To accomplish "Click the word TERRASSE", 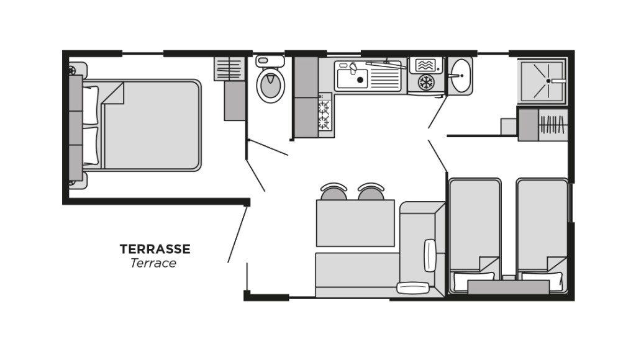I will (x=155, y=249).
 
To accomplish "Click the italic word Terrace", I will (x=153, y=263).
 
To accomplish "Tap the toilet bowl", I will (x=270, y=85).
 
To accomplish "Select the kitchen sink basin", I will (x=352, y=79).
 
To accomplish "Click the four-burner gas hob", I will (x=325, y=115).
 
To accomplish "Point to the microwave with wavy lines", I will (x=425, y=65).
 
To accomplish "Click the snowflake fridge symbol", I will (x=425, y=83).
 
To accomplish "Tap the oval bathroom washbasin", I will (x=460, y=76).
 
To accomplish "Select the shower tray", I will (x=542, y=81).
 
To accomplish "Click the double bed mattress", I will (x=152, y=125).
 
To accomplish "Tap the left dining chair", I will (x=334, y=192).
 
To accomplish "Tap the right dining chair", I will (x=371, y=192).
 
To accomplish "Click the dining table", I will (x=355, y=223).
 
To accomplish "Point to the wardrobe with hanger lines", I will (x=552, y=125).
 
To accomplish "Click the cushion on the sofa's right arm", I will (x=430, y=254).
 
